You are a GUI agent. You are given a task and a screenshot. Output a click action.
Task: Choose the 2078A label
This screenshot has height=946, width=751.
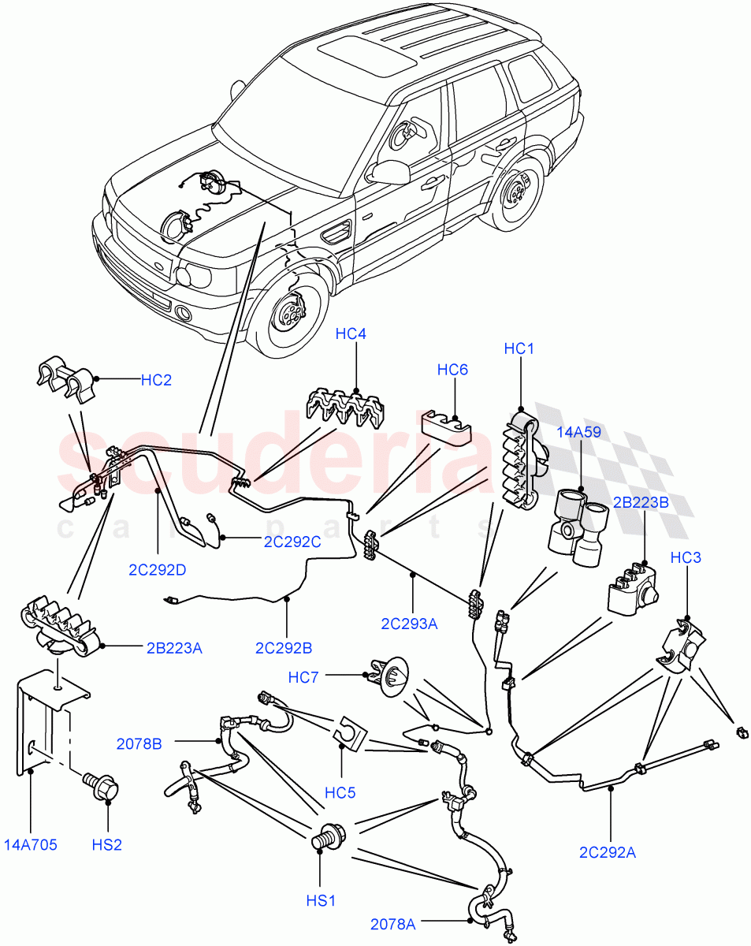pos(393,923)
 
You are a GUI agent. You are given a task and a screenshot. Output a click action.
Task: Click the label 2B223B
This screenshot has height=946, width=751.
pos(643,502)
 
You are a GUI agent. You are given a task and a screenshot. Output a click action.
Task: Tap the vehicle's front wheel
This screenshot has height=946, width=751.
pos(288,314)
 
